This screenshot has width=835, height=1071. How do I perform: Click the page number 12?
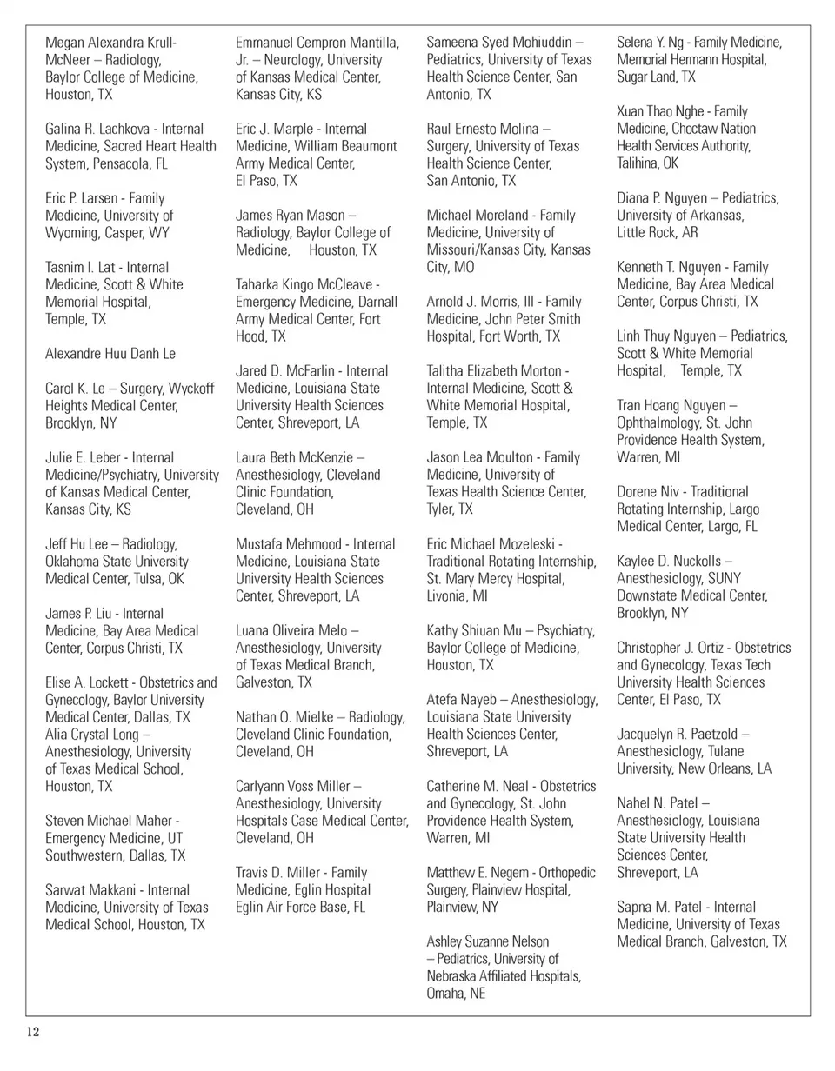33,1033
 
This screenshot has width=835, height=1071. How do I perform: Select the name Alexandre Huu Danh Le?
110,354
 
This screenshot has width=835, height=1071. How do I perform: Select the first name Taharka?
260,284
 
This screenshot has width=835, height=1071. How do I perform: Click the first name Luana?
254,630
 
